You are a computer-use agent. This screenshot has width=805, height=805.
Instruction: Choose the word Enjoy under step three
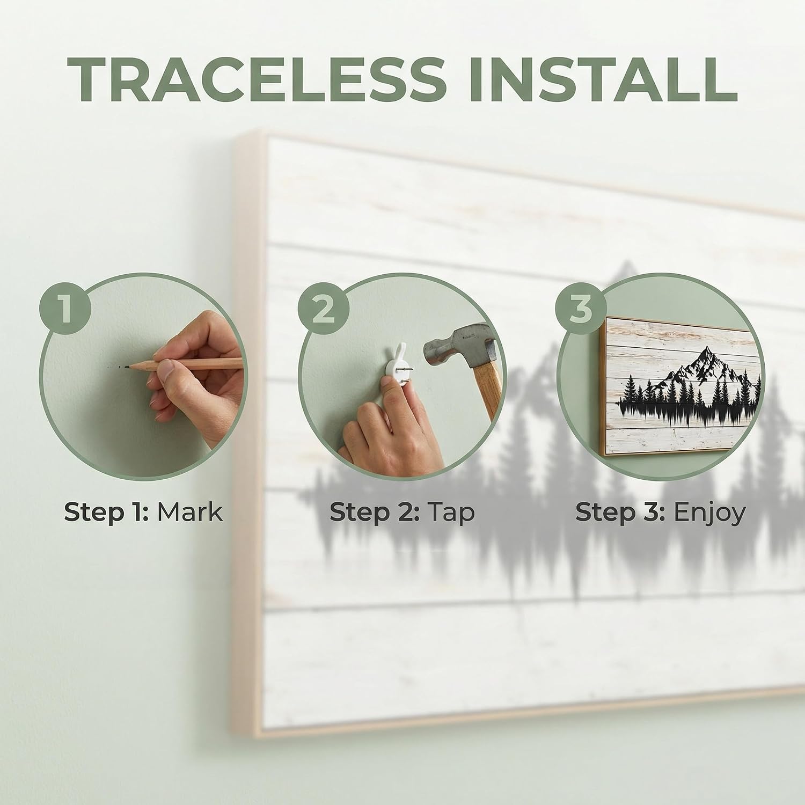709,513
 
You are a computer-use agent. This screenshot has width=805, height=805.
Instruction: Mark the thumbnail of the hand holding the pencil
169,370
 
